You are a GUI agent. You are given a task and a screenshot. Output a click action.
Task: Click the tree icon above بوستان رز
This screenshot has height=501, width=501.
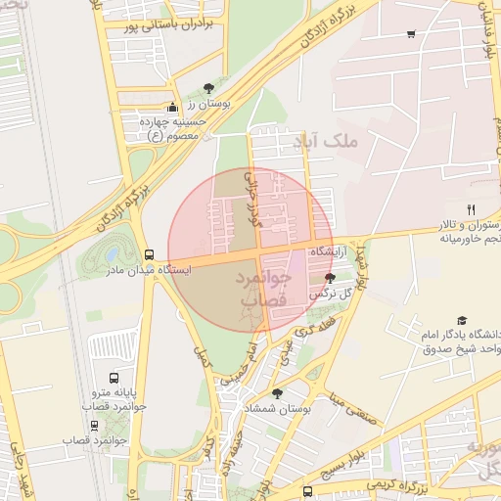click(207, 88)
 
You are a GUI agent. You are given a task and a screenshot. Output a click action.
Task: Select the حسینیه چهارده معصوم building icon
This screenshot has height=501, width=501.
click(173, 108)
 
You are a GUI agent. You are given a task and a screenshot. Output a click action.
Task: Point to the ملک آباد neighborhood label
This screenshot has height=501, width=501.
click(359, 141)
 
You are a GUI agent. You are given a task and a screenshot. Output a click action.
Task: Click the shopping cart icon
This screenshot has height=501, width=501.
click(410, 34)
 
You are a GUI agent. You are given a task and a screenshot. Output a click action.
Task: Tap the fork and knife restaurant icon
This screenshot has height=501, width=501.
click(471, 209)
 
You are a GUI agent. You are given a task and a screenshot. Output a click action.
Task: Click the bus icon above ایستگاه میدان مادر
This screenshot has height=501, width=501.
click(149, 253)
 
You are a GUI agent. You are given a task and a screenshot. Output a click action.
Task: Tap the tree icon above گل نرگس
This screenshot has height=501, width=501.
click(330, 279)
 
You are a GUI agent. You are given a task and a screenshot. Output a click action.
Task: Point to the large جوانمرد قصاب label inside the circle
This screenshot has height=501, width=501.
click(264, 292)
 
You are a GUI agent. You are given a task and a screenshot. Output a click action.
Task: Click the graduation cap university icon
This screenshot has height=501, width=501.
click(461, 320)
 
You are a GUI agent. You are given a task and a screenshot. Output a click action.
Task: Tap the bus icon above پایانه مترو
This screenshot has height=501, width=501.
click(114, 377)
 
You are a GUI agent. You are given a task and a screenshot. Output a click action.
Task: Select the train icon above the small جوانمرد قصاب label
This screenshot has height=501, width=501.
click(94, 426)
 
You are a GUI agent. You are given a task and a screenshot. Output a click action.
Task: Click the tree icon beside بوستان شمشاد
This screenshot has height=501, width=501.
click(278, 393)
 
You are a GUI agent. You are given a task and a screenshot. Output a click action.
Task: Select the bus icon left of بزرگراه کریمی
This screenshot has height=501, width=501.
click(308, 491)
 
